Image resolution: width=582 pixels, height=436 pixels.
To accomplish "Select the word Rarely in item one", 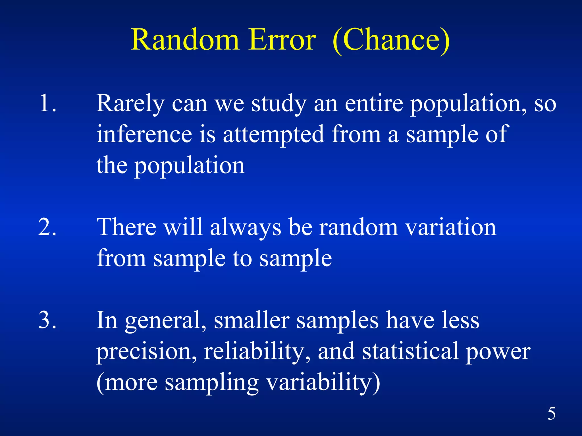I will point(130,104).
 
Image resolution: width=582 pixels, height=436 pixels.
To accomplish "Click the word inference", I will point(144,134).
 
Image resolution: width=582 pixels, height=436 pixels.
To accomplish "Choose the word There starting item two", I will point(126,227).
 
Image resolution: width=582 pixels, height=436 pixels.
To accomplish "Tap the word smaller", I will point(251,320).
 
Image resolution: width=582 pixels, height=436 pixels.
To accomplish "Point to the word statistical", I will point(410,351).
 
